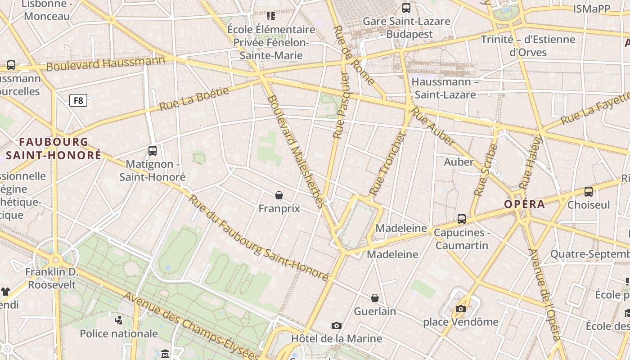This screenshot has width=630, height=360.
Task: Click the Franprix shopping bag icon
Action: tap(279, 195)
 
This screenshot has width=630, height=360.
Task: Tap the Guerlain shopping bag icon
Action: tap(374, 298)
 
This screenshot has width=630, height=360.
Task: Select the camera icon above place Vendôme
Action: tap(460, 309)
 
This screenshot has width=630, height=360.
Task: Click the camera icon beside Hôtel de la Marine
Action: tap(336, 325)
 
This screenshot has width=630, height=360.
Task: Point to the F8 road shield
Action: tap(78, 100)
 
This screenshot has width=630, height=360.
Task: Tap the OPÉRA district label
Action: tap(524, 204)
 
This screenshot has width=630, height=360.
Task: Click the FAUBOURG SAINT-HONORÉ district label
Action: tap(54, 148)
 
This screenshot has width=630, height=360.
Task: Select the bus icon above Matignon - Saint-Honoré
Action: tap(153, 151)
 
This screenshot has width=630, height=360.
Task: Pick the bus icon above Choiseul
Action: tap(588, 192)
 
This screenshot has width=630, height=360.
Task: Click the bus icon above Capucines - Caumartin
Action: tap(462, 219)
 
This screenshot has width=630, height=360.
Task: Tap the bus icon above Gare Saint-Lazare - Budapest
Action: tap(406, 8)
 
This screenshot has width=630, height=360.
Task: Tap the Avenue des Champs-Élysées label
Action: tap(191, 325)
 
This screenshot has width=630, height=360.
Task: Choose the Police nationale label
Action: tap(119, 333)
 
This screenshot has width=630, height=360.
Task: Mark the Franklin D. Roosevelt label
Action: tap(51, 279)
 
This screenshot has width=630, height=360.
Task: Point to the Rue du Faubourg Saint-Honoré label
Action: tap(258, 237)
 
